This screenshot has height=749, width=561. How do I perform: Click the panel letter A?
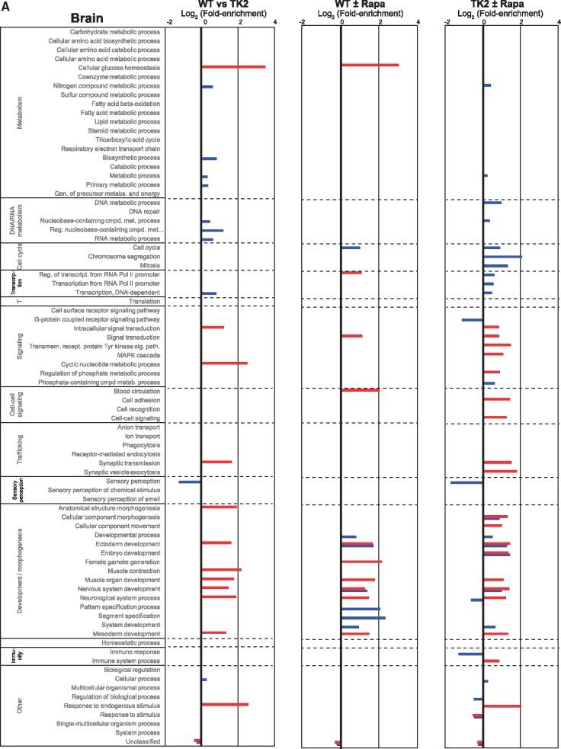click(x=5, y=5)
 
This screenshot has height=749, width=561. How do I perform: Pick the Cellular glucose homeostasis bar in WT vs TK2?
click(x=233, y=66)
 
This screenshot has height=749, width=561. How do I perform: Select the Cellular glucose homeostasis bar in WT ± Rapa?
click(x=370, y=65)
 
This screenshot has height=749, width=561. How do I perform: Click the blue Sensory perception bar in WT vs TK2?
click(x=190, y=482)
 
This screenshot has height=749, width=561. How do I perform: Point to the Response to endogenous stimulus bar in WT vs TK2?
click(x=225, y=704)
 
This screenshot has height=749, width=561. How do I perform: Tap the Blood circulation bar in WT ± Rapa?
click(x=361, y=390)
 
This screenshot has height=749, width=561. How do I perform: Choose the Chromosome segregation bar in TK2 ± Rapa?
click(x=503, y=257)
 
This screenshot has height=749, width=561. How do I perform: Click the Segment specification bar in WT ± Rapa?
click(x=364, y=618)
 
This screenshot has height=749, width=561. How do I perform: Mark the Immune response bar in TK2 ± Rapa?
click(x=471, y=654)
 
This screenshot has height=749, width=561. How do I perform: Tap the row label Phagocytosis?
click(x=139, y=445)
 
